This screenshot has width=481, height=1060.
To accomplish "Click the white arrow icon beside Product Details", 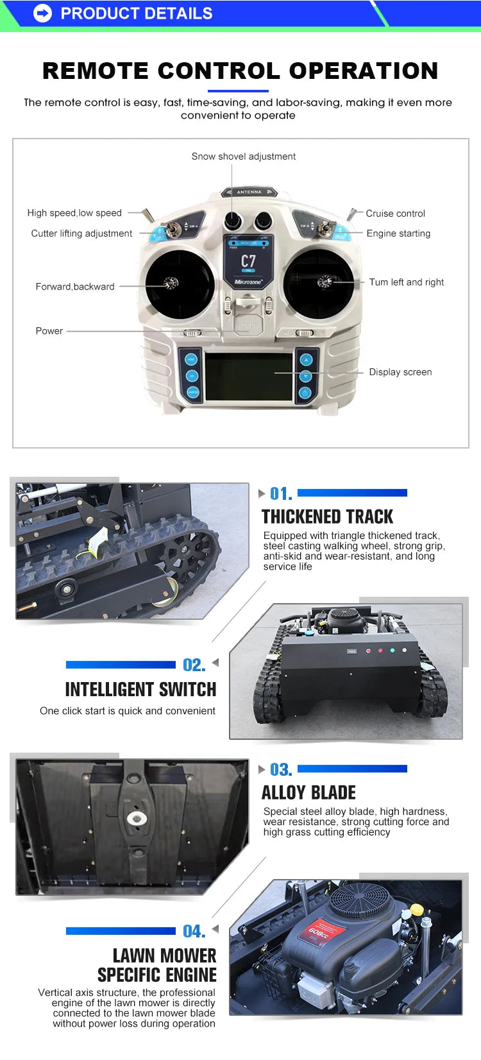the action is [42, 13].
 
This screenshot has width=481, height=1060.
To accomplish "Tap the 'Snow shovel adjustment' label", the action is [244, 157].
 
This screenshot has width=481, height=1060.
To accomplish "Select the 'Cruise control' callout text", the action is [396, 214].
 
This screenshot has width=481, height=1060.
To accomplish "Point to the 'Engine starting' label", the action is [398, 234].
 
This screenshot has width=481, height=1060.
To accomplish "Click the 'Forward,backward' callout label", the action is [75, 287].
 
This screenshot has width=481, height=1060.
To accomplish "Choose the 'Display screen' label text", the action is [400, 372].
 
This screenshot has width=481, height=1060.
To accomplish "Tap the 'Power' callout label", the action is [49, 331].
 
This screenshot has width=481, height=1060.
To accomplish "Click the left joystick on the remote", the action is [179, 284].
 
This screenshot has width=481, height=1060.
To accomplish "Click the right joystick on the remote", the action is [318, 284].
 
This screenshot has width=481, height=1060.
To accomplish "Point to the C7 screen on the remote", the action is [248, 261].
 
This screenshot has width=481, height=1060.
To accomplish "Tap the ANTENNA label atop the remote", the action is [249, 192].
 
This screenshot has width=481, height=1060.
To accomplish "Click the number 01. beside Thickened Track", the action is [281, 494].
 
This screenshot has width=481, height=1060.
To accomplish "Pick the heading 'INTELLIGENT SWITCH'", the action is [140, 690].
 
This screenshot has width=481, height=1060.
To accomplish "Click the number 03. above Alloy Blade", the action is [281, 770].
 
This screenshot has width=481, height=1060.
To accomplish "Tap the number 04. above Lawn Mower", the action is [194, 932].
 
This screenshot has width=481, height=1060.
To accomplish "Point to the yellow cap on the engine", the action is [417, 909].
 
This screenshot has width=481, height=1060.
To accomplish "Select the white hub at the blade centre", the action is [136, 817].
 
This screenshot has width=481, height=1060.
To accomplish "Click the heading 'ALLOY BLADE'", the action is [308, 792].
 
